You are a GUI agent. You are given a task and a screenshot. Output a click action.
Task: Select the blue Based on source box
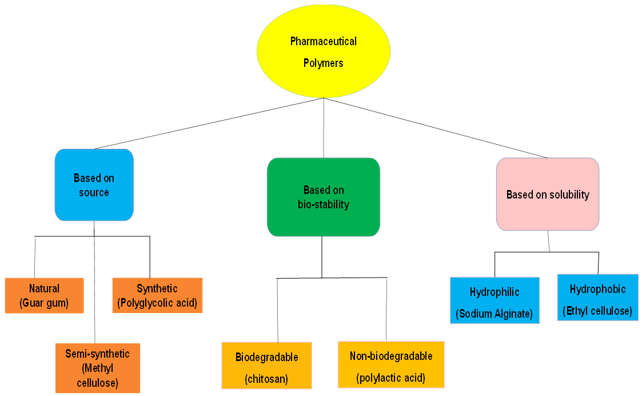94,185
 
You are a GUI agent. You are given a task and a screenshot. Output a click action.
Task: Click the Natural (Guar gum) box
44,296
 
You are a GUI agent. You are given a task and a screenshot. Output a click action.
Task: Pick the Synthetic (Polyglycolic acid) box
157,295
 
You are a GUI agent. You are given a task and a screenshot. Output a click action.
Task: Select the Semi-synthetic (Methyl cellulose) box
97,368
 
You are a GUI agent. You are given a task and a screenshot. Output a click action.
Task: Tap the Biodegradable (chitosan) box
266,366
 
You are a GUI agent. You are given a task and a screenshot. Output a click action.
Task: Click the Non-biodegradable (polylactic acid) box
391,365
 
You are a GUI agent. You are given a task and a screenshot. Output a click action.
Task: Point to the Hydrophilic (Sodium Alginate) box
495,300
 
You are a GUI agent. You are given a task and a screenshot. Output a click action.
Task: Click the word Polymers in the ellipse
324,63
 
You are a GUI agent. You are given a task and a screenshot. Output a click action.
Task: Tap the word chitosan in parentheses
266,379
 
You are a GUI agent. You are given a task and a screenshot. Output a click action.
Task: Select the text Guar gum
44,303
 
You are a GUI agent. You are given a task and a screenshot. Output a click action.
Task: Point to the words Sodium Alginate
495,314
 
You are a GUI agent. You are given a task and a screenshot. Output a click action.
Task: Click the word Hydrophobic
597,289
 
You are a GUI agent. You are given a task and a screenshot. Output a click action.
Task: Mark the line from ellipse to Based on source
209,124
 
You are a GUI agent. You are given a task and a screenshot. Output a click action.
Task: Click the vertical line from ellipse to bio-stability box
324,128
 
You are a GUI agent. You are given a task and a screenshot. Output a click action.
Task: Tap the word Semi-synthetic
97,354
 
